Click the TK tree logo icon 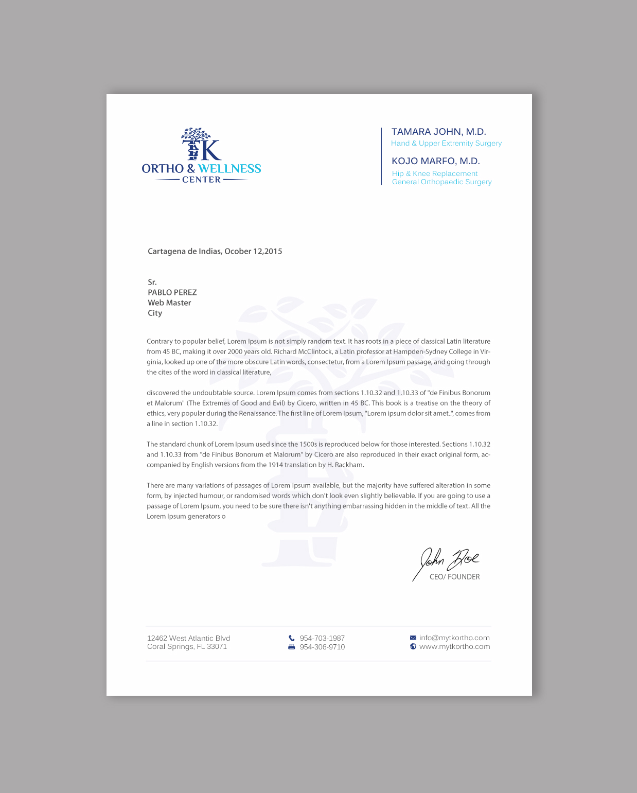click(x=201, y=145)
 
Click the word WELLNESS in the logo click(x=229, y=169)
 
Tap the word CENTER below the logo click(x=201, y=180)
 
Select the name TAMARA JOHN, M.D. click(x=438, y=132)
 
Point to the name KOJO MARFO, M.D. click(x=435, y=161)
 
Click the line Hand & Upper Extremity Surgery click(x=446, y=144)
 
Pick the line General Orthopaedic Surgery click(x=441, y=182)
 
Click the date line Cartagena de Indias click(x=215, y=251)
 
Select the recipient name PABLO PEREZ click(x=172, y=292)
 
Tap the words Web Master click(x=169, y=303)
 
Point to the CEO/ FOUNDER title click(x=454, y=577)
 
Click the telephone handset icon click(x=292, y=638)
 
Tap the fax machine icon click(x=292, y=647)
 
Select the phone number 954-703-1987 click(x=322, y=638)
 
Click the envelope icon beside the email click(x=413, y=638)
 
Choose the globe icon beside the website click(x=413, y=646)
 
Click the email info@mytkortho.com click(x=454, y=638)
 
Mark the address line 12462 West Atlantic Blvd click(x=188, y=638)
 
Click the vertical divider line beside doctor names click(x=381, y=156)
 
